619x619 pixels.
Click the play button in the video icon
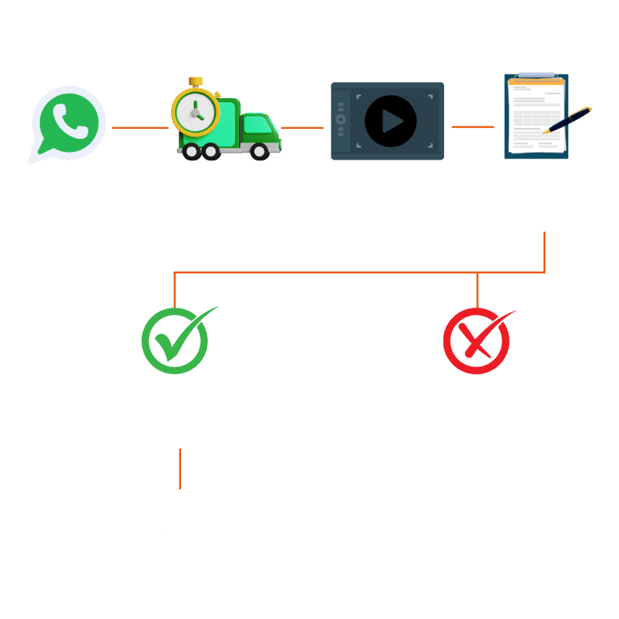pyautogui.click(x=390, y=121)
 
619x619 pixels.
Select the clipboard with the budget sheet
pyautogui.click(x=534, y=117)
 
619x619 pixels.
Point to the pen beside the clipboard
pyautogui.click(x=569, y=121)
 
